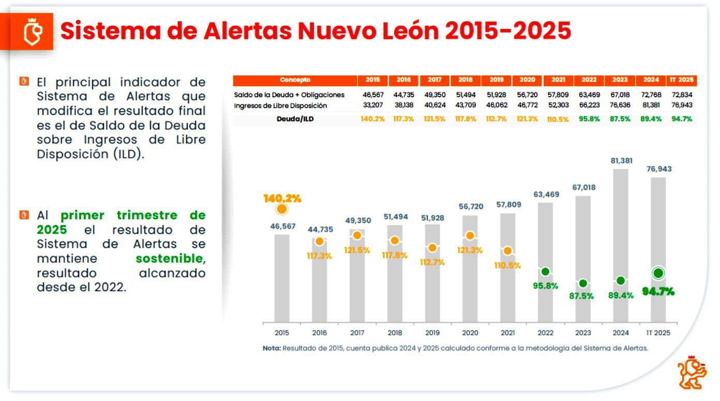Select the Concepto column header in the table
[295, 80]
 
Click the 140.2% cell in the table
[372, 119]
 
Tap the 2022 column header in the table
[589, 80]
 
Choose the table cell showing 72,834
[682, 95]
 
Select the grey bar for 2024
[621, 243]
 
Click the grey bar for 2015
[282, 277]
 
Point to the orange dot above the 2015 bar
[282, 209]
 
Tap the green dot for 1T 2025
[658, 273]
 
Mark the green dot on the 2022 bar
[545, 272]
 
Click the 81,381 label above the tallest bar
[621, 161]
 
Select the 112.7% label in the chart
[432, 262]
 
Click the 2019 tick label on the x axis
[432, 333]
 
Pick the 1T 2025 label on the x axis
[658, 333]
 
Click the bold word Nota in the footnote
[271, 348]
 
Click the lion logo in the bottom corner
[692, 372]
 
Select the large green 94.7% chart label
[658, 291]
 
